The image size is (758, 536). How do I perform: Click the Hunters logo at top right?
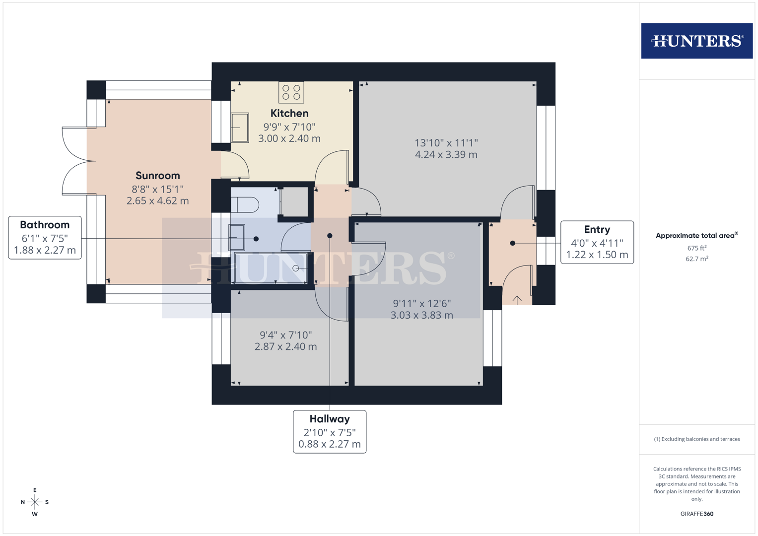point(696,41)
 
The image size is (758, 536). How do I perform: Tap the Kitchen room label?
point(289,114)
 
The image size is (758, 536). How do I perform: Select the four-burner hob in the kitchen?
point(291,92)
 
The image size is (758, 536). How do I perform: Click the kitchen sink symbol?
point(240,128)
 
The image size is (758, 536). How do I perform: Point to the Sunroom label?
point(157,176)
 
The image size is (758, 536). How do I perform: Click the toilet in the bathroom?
point(245,204)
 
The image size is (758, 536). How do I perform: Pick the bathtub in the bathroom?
point(271,268)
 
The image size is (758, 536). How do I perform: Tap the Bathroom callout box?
point(45,238)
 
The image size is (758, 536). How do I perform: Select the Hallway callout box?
point(330,431)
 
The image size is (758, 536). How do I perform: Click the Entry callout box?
point(597,242)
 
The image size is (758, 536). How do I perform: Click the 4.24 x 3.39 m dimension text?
point(446,155)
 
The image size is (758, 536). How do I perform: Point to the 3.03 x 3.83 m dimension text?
point(421,315)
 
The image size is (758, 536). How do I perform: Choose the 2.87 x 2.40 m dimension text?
point(285,347)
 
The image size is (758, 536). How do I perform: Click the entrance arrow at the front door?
point(517,300)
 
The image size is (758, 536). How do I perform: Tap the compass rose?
point(35,502)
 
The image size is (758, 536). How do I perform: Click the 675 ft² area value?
point(696,248)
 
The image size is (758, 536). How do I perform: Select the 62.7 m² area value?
point(696,259)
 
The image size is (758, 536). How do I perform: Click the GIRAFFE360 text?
point(696,514)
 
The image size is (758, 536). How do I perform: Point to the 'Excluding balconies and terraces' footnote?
point(696,439)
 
